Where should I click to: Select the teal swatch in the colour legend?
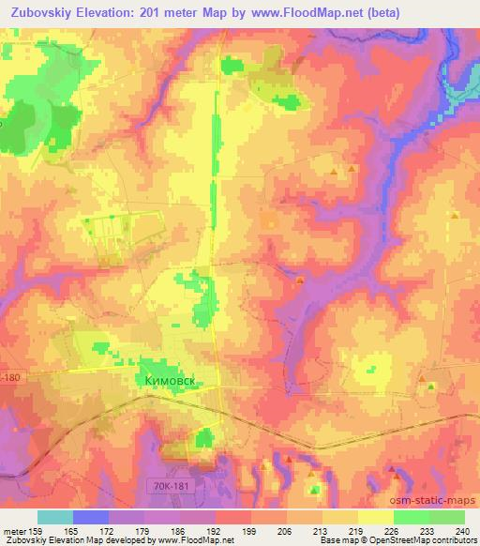pos(55,517)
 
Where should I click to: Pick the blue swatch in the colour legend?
pos(91,517)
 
